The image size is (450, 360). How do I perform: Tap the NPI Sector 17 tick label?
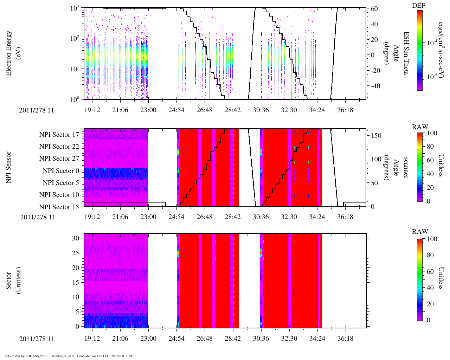point(59,135)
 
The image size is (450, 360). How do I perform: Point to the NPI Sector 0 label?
point(61,171)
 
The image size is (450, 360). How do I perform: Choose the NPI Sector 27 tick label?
point(59,159)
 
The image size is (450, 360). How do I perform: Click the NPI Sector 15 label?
point(59,207)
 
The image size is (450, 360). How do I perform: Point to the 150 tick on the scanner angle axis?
point(377,136)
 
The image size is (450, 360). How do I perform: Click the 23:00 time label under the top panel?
point(148,110)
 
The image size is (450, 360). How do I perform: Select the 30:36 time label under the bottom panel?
point(261,339)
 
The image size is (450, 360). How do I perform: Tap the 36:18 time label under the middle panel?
point(345,217)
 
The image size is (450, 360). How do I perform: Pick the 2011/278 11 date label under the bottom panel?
point(37,339)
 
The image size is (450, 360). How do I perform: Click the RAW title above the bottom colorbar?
point(420,232)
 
